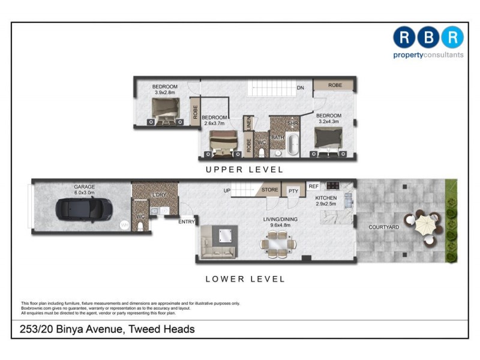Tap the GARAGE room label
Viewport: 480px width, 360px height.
pyautogui.click(x=85, y=187)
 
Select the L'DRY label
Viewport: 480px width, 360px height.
pyautogui.click(x=159, y=196)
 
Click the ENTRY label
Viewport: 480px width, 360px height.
pyautogui.click(x=186, y=222)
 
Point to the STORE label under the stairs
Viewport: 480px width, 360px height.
pyautogui.click(x=270, y=190)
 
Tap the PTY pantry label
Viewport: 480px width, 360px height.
pyautogui.click(x=293, y=191)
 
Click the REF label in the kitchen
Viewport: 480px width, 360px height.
pyautogui.click(x=313, y=187)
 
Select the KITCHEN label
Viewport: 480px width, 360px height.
pyautogui.click(x=326, y=198)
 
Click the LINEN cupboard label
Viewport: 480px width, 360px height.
pyautogui.click(x=248, y=123)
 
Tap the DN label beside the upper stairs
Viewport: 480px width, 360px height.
pyautogui.click(x=301, y=88)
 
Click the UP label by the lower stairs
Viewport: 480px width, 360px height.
pyautogui.click(x=227, y=190)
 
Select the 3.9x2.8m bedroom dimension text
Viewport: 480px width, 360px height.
pyautogui.click(x=164, y=93)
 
